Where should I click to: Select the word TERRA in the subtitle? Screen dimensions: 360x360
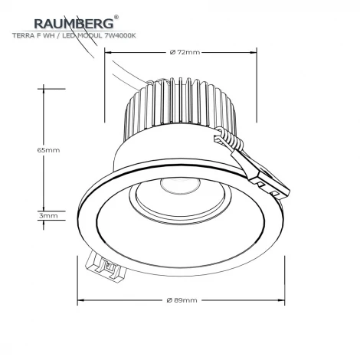coord(25,36)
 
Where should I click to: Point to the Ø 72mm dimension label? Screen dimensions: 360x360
coord(183,52)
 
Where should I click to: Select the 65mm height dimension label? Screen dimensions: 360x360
coord(47,150)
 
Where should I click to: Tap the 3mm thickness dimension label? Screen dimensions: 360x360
coord(47,216)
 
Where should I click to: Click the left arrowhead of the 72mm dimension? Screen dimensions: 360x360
coord(108,52)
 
